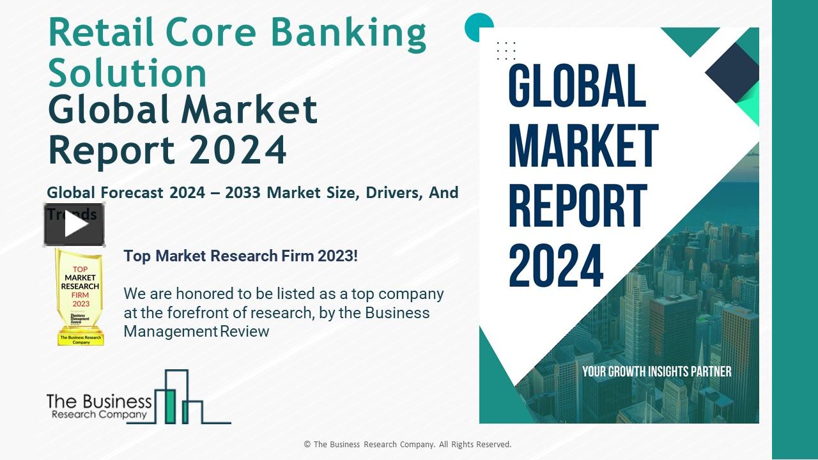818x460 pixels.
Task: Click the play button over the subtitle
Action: (x=74, y=224)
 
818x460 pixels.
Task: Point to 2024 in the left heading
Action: (x=238, y=149)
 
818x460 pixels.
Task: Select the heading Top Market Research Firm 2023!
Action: (x=240, y=256)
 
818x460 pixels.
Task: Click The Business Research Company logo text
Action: (x=99, y=407)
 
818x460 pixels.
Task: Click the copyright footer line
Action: (x=408, y=444)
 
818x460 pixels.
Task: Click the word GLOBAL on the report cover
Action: (x=577, y=86)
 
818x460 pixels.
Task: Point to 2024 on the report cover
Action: (x=556, y=266)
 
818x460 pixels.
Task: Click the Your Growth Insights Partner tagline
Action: (x=656, y=371)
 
